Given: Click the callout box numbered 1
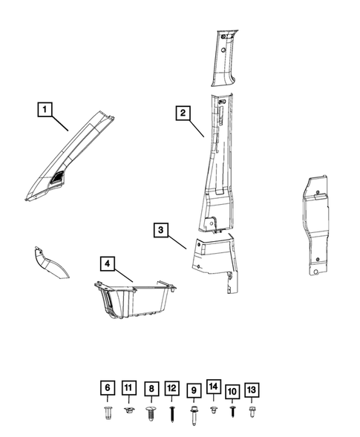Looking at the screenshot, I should point(46,110).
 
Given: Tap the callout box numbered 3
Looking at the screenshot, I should point(161,230).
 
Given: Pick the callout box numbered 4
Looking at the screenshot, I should point(108,263).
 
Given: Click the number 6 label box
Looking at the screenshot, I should point(108,388).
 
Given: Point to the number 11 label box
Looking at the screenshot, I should point(128,388).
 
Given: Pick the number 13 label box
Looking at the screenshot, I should point(252,390).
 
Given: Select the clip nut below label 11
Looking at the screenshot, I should point(128,409).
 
